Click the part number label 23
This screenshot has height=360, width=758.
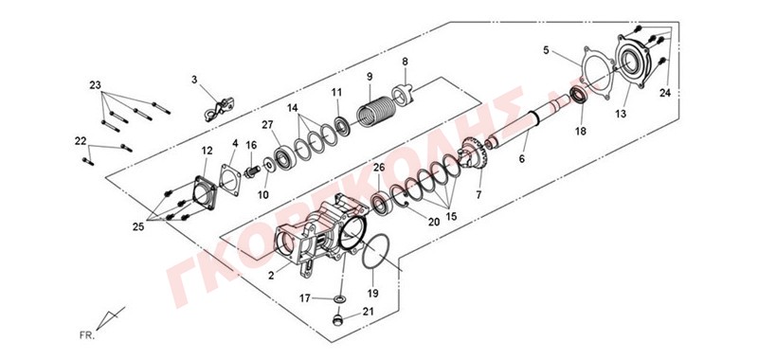tap(96, 85)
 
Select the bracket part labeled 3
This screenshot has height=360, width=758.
tap(219, 109)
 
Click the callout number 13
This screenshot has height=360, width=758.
tap(621, 114)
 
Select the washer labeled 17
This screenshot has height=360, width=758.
tap(340, 299)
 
